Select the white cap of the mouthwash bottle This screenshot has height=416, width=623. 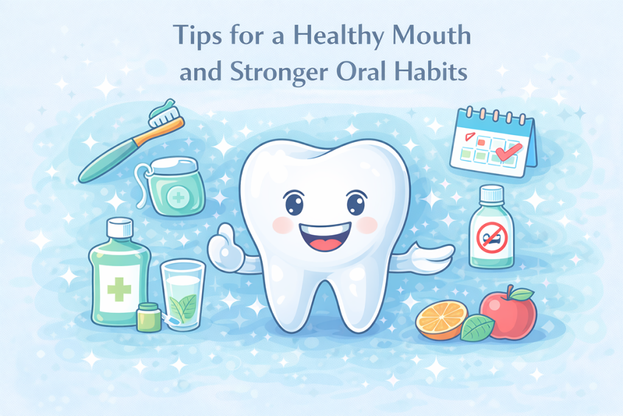[x=119, y=228]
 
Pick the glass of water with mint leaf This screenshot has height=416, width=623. [x=183, y=295]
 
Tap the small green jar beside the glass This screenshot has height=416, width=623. [x=148, y=317]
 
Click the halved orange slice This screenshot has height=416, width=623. [x=442, y=320]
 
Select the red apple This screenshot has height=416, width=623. [x=508, y=313]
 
